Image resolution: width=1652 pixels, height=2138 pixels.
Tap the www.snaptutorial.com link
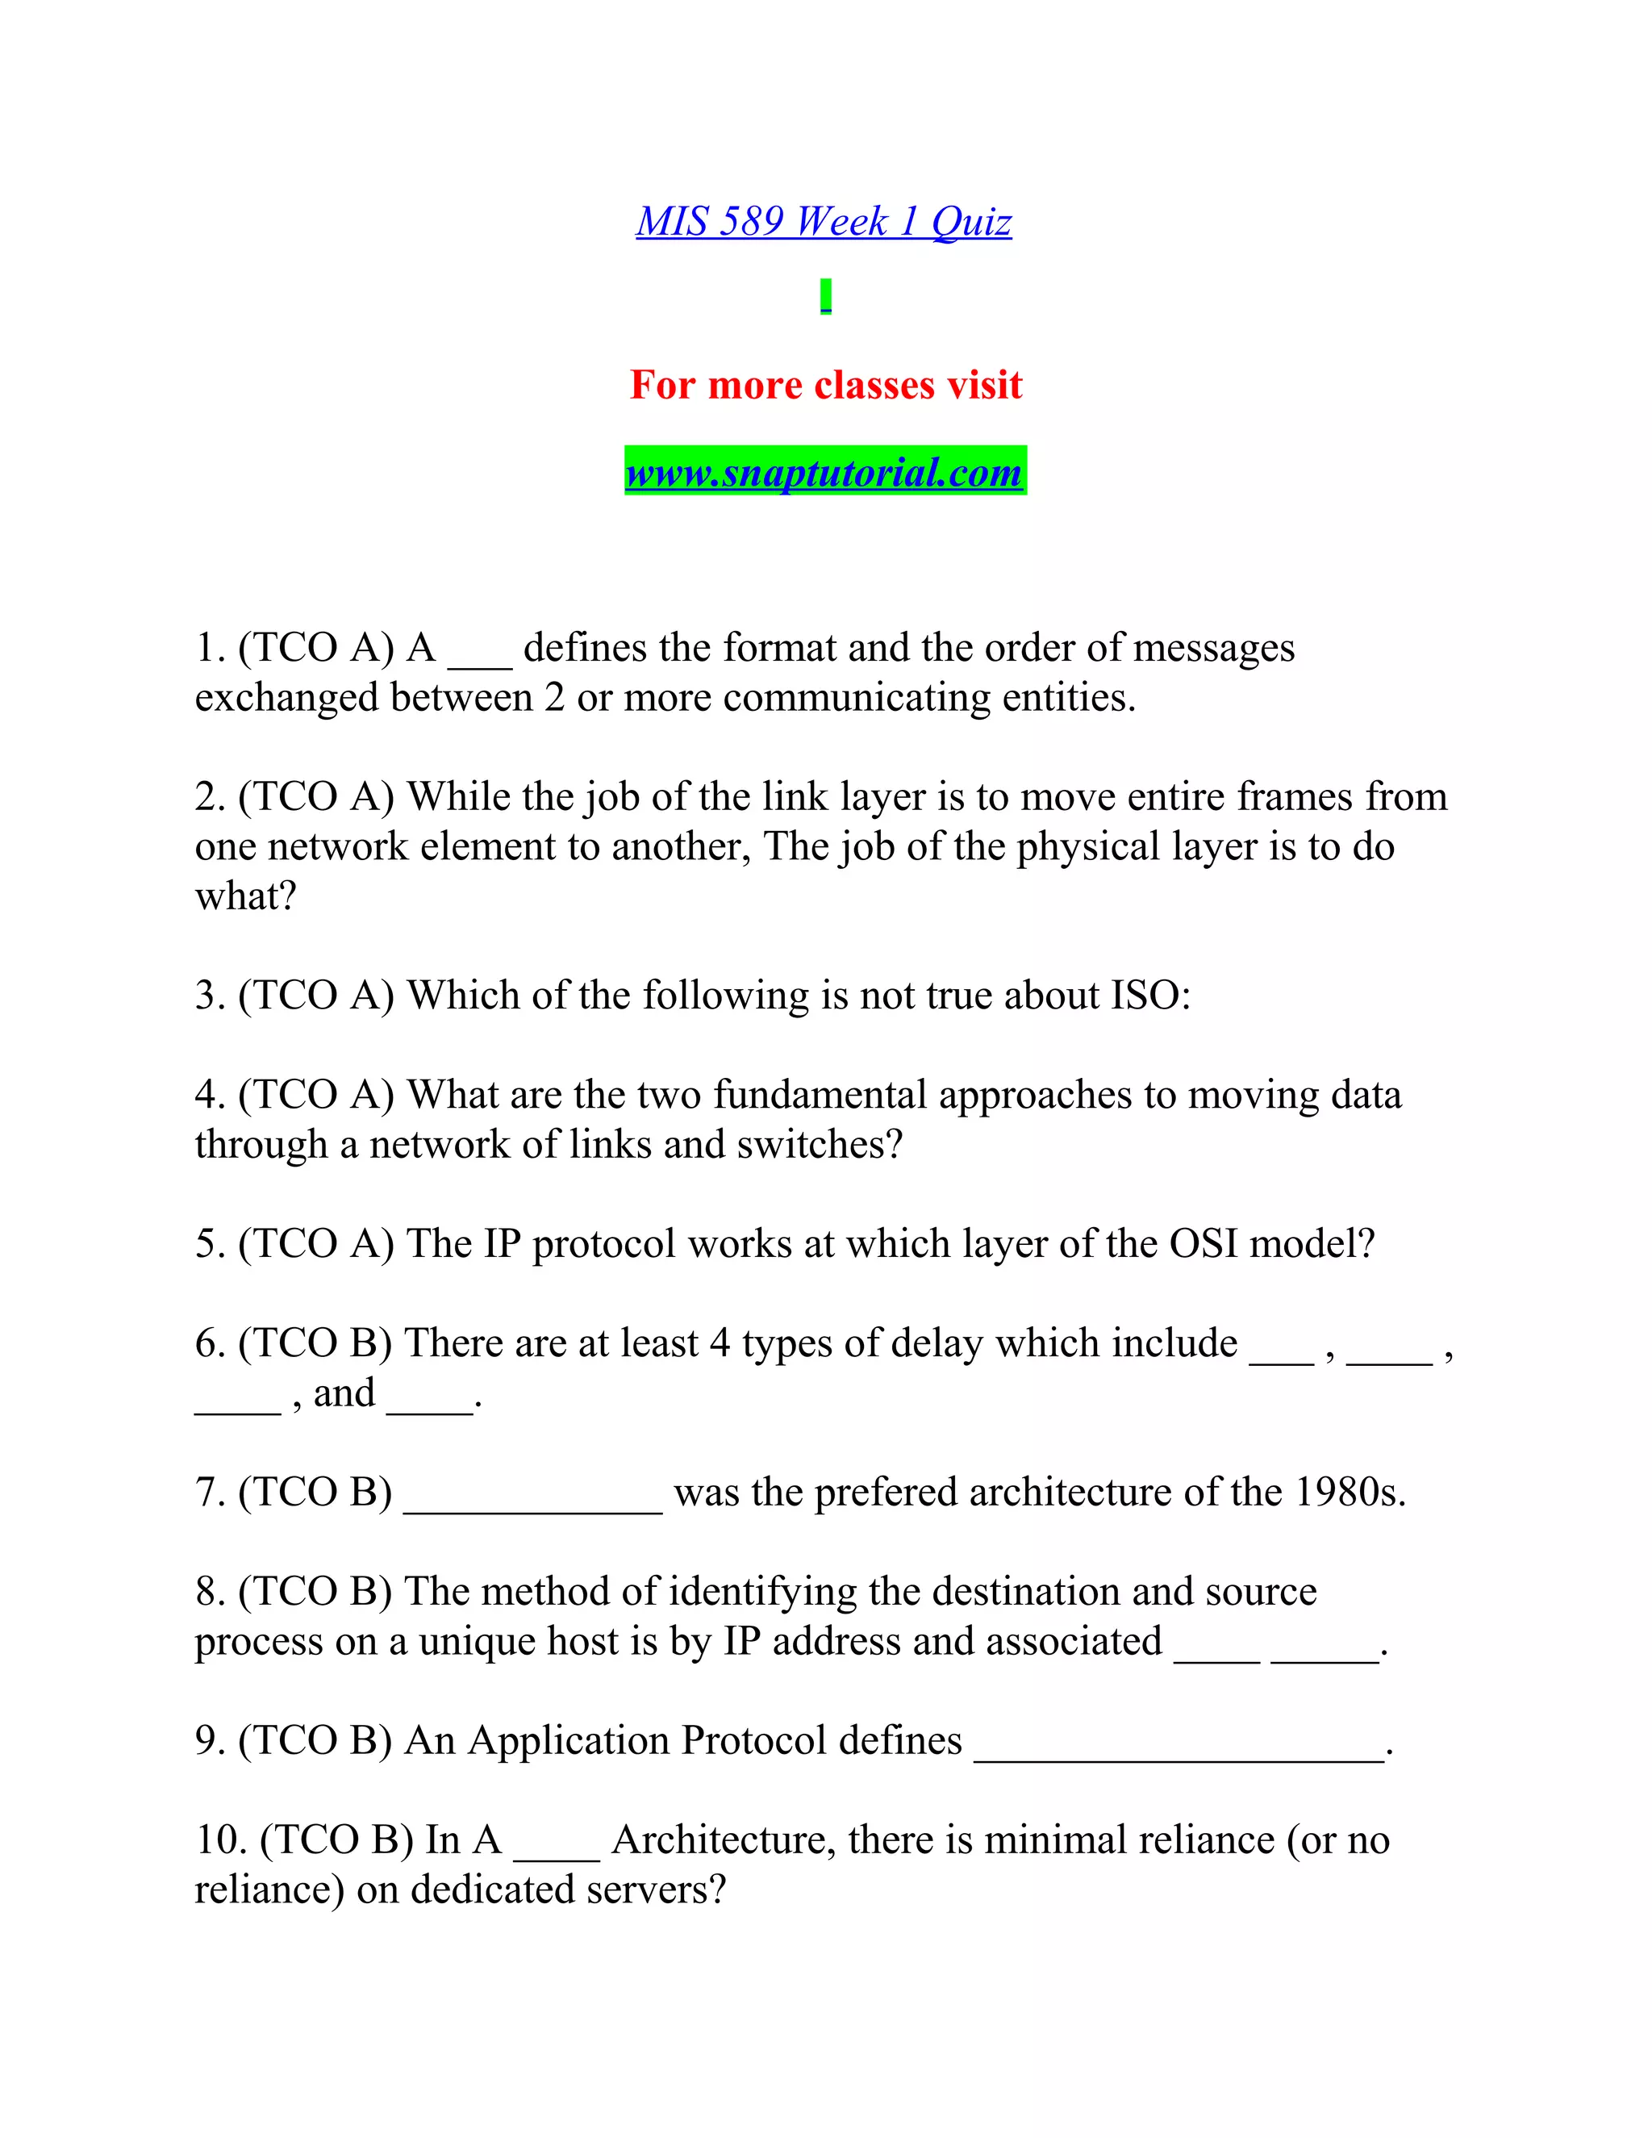[824, 472]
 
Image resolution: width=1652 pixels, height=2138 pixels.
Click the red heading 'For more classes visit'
[825, 385]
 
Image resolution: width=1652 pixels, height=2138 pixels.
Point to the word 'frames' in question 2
[1294, 797]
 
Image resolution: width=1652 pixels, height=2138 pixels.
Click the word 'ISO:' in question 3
[1151, 996]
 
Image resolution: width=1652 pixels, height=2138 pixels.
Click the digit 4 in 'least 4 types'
[720, 1344]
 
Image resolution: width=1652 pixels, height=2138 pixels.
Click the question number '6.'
[211, 1344]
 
